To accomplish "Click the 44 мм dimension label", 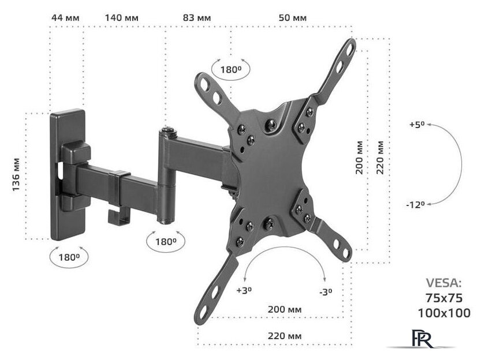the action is tap(65, 18).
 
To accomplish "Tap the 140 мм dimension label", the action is tap(122, 18).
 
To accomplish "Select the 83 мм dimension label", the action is tap(197, 18).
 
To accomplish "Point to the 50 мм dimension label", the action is tap(293, 18).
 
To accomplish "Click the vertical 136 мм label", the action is tap(16, 175).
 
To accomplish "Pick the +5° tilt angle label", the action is tap(417, 125).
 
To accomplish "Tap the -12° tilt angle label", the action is tap(415, 205).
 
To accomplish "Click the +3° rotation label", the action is tap(244, 290).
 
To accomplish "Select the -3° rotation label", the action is tap(326, 292).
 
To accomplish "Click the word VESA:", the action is tap(443, 283).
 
